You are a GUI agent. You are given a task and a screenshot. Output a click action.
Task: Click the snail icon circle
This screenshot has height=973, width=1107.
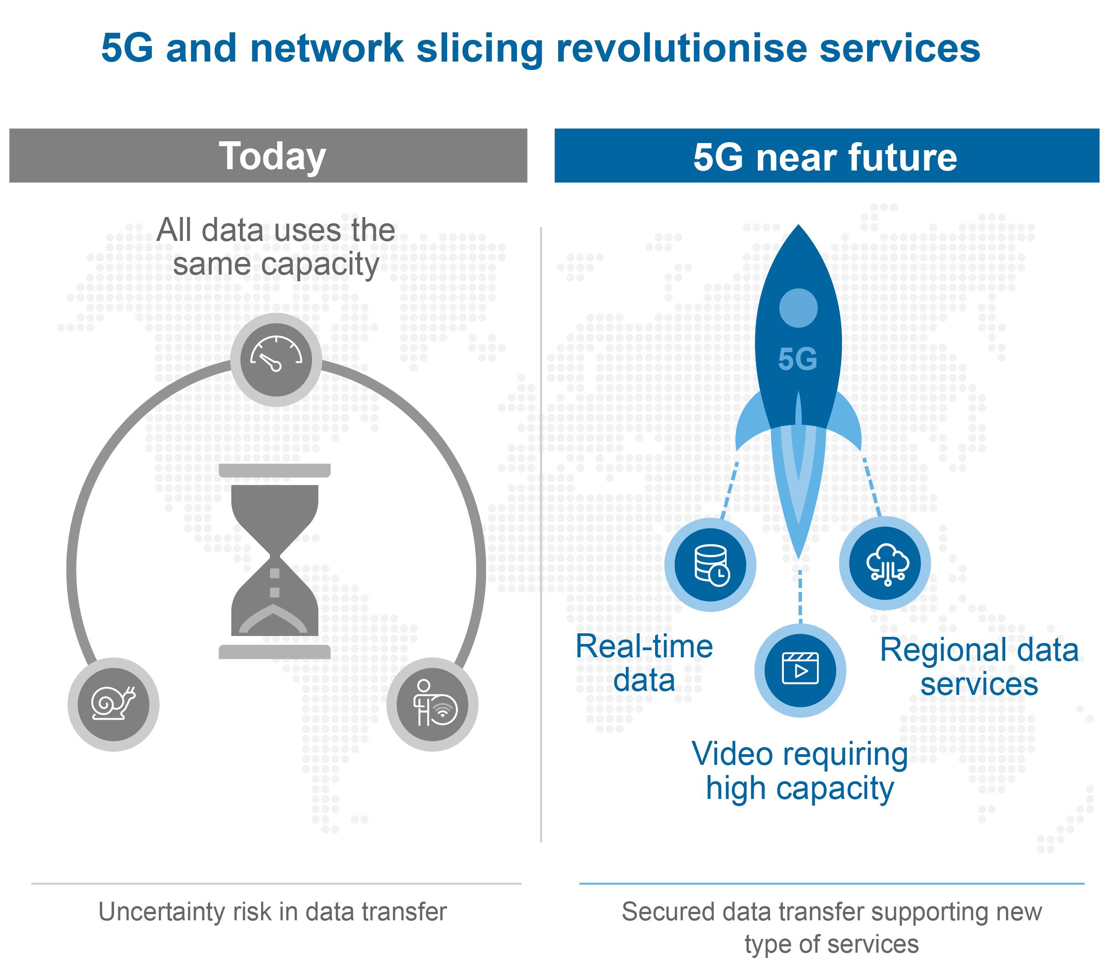[x=113, y=704]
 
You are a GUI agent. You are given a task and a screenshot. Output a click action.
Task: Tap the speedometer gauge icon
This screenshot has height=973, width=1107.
[x=276, y=359]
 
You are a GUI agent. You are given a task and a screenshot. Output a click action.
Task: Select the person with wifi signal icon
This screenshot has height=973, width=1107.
[x=432, y=704]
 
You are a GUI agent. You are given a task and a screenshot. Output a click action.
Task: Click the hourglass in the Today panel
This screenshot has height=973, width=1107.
[x=274, y=561]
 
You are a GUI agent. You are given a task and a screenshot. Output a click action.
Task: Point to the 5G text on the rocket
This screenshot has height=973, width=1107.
[x=797, y=359]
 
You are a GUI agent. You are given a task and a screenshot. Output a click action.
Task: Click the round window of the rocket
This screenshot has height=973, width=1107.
[x=798, y=308]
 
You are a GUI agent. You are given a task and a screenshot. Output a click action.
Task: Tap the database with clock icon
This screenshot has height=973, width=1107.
[x=710, y=565]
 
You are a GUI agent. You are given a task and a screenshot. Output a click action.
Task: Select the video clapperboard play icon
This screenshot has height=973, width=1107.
[x=800, y=670]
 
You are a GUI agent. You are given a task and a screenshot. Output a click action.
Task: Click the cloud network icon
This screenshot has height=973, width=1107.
[x=885, y=563]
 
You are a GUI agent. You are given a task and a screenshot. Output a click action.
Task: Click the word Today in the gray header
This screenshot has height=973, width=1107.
[x=272, y=156]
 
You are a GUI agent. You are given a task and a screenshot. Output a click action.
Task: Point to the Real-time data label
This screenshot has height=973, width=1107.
[x=644, y=663]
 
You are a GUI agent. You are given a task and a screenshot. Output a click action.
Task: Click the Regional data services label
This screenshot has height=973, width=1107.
[x=979, y=667]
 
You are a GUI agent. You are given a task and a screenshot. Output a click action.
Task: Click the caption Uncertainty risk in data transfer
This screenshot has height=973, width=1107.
[x=272, y=912]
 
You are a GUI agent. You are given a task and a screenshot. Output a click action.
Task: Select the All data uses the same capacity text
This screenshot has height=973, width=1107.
[x=276, y=247]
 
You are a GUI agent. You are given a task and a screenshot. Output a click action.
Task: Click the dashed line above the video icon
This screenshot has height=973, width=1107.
[x=800, y=596]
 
